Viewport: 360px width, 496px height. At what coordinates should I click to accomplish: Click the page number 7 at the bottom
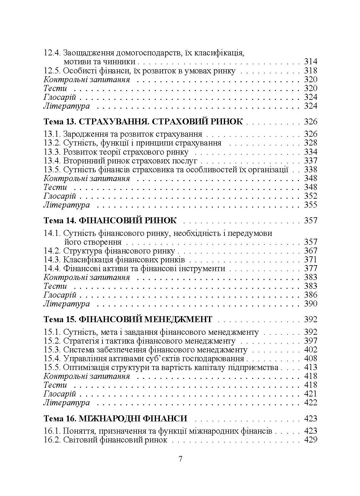pos(180,459)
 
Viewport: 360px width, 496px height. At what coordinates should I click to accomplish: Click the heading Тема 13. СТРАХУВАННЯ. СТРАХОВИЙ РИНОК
pos(143,122)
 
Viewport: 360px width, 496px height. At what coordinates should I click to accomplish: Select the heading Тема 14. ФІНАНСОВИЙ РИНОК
pos(110,220)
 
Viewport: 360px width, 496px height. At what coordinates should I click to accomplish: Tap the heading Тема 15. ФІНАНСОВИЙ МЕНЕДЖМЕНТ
pos(128,319)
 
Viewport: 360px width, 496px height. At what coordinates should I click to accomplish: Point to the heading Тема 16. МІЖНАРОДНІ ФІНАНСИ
pos(116,419)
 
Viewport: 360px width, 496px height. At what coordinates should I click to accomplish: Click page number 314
pos(311,62)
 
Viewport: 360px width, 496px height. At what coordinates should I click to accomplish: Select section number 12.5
pos(52,71)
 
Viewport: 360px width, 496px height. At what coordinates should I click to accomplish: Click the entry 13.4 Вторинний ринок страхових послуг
pos(121,161)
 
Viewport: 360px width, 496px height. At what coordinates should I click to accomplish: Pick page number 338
pos(311,170)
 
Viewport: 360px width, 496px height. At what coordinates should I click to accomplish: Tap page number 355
pos(311,205)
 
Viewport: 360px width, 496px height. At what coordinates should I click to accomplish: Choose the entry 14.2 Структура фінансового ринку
pos(110,251)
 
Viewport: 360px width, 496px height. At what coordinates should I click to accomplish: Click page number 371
pos(311,260)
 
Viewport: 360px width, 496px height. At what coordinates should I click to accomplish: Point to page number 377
pos(311,269)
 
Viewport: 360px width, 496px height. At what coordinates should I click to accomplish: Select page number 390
pos(311,304)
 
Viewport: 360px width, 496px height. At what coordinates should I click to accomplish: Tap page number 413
pos(311,368)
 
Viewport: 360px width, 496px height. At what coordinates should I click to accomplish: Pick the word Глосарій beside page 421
pos(60,394)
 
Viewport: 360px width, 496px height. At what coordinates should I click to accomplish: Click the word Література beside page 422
pos(67,403)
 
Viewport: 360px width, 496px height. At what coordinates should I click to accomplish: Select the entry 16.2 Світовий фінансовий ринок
pos(106,440)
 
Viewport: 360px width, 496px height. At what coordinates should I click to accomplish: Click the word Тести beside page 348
pos(55,187)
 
